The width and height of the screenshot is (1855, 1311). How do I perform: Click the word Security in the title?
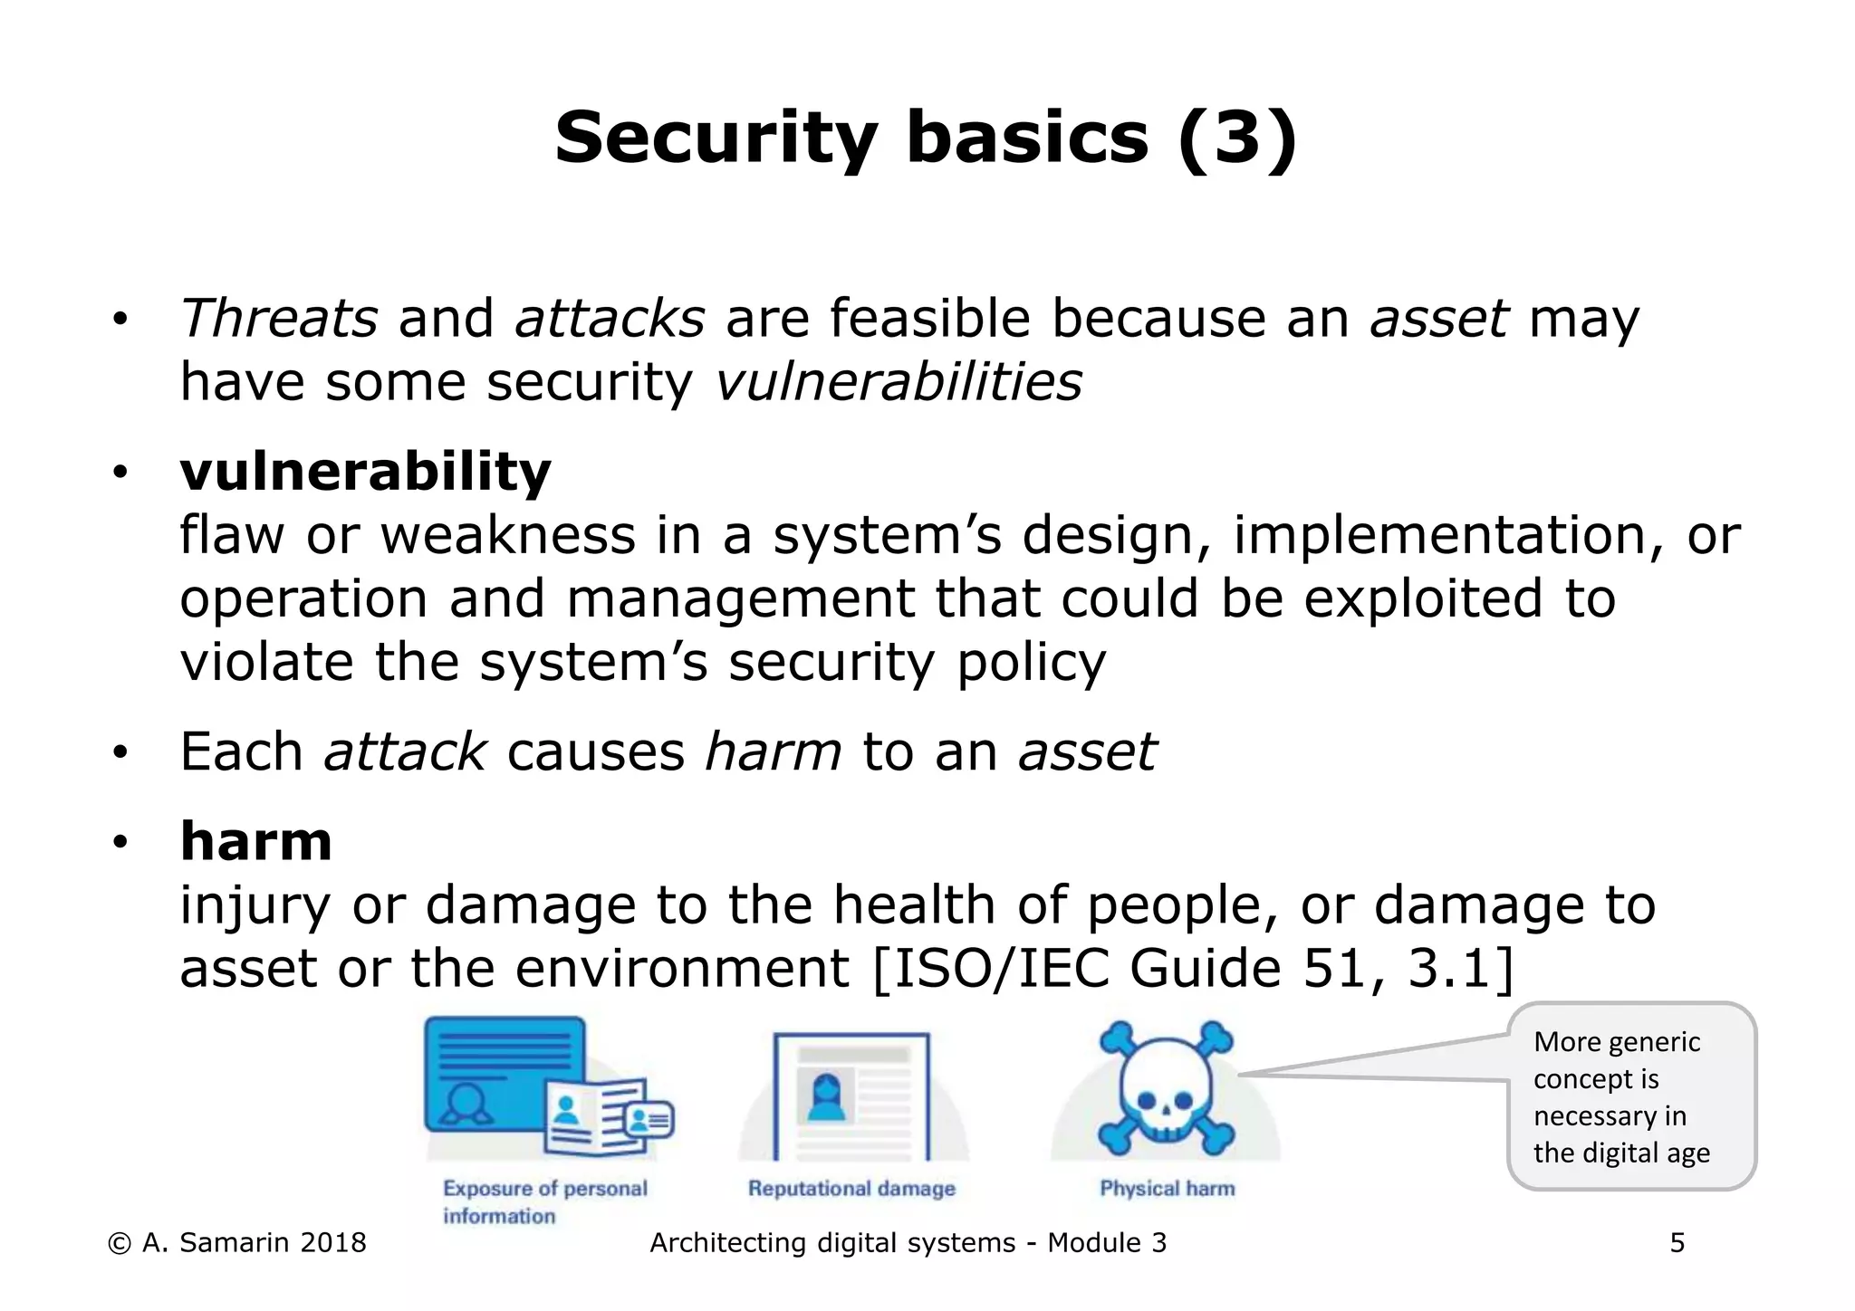click(x=716, y=139)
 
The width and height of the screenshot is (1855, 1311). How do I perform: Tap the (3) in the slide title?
click(x=1237, y=139)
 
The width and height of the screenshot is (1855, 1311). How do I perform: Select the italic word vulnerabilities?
click(x=899, y=382)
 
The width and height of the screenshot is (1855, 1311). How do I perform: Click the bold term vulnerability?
click(x=365, y=472)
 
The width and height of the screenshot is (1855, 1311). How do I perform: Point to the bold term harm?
click(x=256, y=841)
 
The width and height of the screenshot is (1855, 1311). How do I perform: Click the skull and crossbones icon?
click(x=1166, y=1087)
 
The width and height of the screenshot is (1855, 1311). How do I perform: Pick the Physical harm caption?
click(x=1167, y=1189)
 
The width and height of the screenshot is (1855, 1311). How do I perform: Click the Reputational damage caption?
click(x=851, y=1189)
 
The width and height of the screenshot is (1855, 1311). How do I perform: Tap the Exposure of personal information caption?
click(x=544, y=1201)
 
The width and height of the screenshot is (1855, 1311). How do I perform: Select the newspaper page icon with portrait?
click(x=851, y=1095)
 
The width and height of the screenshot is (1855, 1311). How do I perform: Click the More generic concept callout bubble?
click(x=1630, y=1096)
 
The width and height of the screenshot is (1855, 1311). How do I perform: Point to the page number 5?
click(x=1677, y=1243)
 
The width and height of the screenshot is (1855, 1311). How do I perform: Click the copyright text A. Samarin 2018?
click(x=237, y=1243)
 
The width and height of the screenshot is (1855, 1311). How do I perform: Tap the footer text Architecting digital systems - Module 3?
click(x=908, y=1243)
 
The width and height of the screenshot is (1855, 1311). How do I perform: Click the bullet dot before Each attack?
click(x=120, y=752)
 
